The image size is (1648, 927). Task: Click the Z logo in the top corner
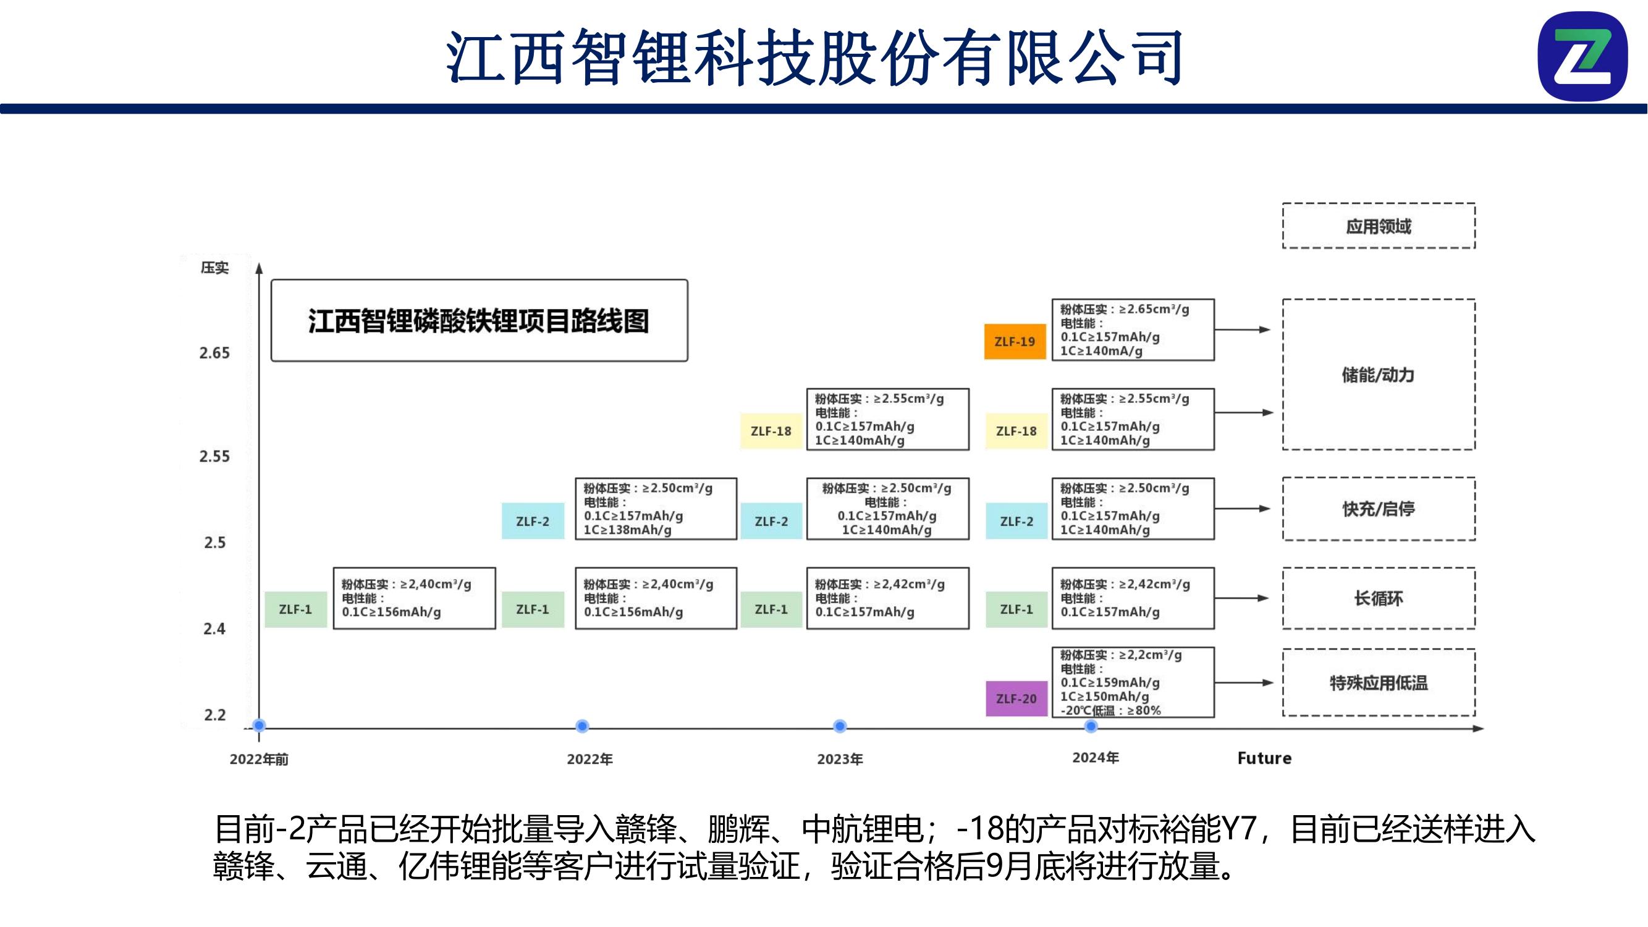[1583, 56]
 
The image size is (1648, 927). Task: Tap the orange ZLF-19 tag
[1015, 342]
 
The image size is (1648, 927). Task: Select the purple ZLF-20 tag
[1016, 698]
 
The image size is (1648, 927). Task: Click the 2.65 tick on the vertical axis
[214, 353]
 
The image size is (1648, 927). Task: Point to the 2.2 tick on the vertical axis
[215, 714]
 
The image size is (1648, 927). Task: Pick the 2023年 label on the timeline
[840, 760]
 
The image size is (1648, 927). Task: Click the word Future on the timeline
[1264, 759]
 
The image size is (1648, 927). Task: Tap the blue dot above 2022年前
[259, 726]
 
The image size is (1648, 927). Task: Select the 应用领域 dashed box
[1379, 226]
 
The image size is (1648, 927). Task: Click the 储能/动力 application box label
[1379, 375]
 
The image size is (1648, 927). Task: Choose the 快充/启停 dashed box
[1379, 509]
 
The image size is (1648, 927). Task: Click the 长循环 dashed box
[1379, 599]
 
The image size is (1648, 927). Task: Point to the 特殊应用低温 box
[1379, 684]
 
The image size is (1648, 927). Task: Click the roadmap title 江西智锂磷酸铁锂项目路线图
[478, 321]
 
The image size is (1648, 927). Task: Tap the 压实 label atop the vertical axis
[214, 268]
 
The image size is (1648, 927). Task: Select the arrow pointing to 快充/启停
[1243, 509]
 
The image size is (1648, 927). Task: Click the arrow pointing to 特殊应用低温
[1244, 683]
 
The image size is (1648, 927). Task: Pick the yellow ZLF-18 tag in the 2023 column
[771, 431]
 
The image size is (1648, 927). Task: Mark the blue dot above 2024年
[1091, 726]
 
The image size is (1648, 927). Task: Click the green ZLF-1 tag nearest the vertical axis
[295, 610]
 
